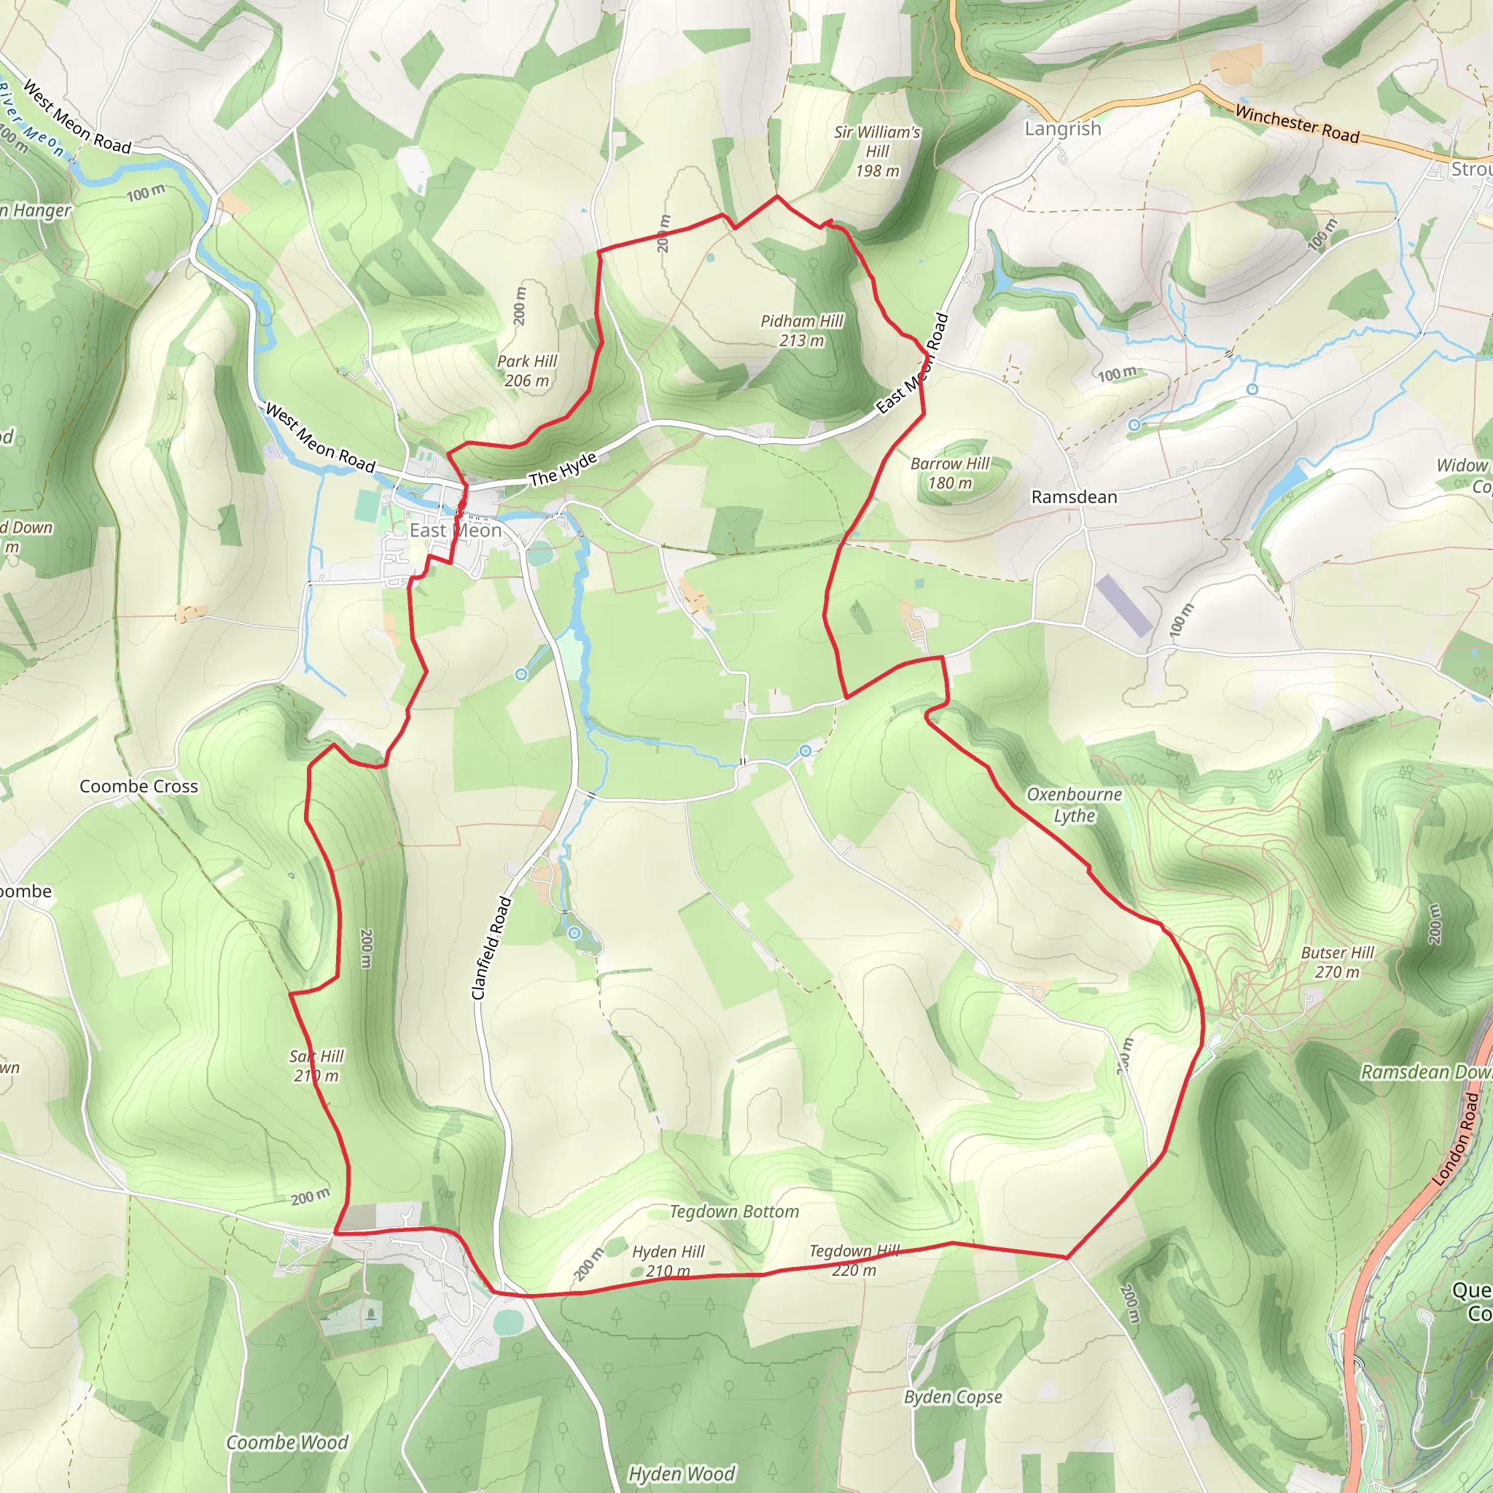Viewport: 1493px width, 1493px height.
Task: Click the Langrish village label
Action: coord(1063,129)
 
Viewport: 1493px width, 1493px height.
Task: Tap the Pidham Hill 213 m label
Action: coord(801,331)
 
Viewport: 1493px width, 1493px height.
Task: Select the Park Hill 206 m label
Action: coord(527,371)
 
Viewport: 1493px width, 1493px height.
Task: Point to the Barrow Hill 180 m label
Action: coord(950,473)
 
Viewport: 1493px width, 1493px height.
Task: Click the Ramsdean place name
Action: coord(1074,497)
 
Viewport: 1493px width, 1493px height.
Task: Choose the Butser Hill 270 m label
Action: coord(1337,962)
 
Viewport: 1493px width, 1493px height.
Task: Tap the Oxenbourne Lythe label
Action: coord(1074,805)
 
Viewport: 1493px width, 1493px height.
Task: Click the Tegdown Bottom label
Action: coord(734,1212)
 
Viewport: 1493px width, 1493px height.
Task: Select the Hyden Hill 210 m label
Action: coord(668,1261)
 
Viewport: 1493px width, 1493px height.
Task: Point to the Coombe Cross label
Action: coord(139,787)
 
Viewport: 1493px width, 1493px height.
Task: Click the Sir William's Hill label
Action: coord(877,152)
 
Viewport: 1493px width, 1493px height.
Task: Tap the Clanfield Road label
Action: coord(491,948)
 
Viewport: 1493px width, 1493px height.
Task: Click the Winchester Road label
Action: coord(1297,124)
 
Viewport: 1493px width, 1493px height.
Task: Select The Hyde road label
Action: coord(564,469)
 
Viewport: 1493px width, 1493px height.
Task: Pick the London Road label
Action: coord(1456,1138)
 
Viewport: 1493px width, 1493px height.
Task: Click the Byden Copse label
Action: coord(953,1419)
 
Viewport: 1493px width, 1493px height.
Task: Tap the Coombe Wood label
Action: coord(286,1442)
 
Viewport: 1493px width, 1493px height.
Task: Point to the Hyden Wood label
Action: coord(681,1473)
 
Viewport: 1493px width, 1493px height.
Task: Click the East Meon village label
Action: coord(455,531)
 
